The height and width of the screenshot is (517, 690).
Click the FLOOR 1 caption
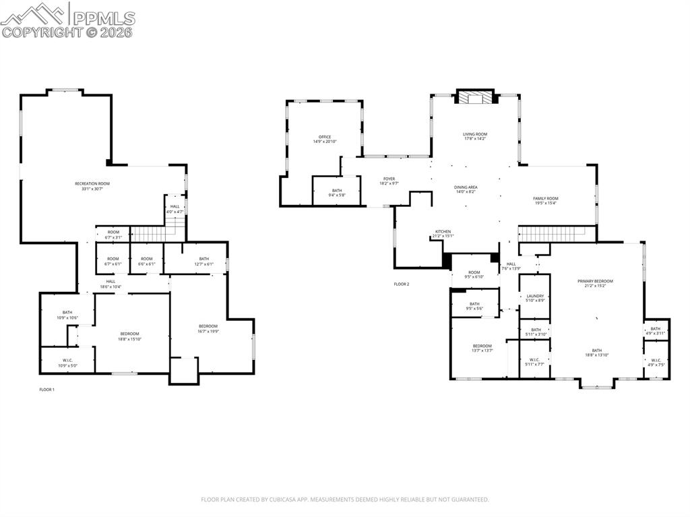tap(46, 390)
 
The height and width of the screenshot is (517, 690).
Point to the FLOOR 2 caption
tap(402, 284)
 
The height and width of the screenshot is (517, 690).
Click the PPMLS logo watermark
tap(67, 20)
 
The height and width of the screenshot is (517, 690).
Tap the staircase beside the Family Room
tap(557, 234)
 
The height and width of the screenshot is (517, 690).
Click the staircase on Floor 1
tap(148, 234)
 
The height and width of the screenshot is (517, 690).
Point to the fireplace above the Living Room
tap(476, 98)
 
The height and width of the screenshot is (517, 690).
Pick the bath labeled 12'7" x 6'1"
tap(204, 261)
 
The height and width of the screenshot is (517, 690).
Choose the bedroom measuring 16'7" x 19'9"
tap(208, 328)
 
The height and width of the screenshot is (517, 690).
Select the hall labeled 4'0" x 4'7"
tap(175, 209)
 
